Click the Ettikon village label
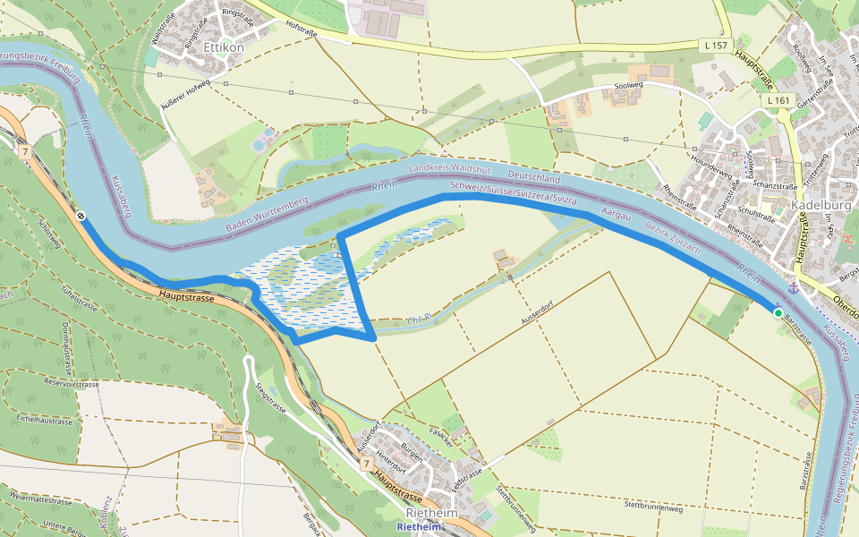coord(224,47)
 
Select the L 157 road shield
coord(714,44)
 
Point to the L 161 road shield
coord(778,100)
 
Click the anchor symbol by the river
coord(793,288)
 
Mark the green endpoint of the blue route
coord(778,311)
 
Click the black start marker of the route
coord(81,216)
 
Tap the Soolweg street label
coord(628,87)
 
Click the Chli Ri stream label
coord(419,319)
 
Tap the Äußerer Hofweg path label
coord(185,98)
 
